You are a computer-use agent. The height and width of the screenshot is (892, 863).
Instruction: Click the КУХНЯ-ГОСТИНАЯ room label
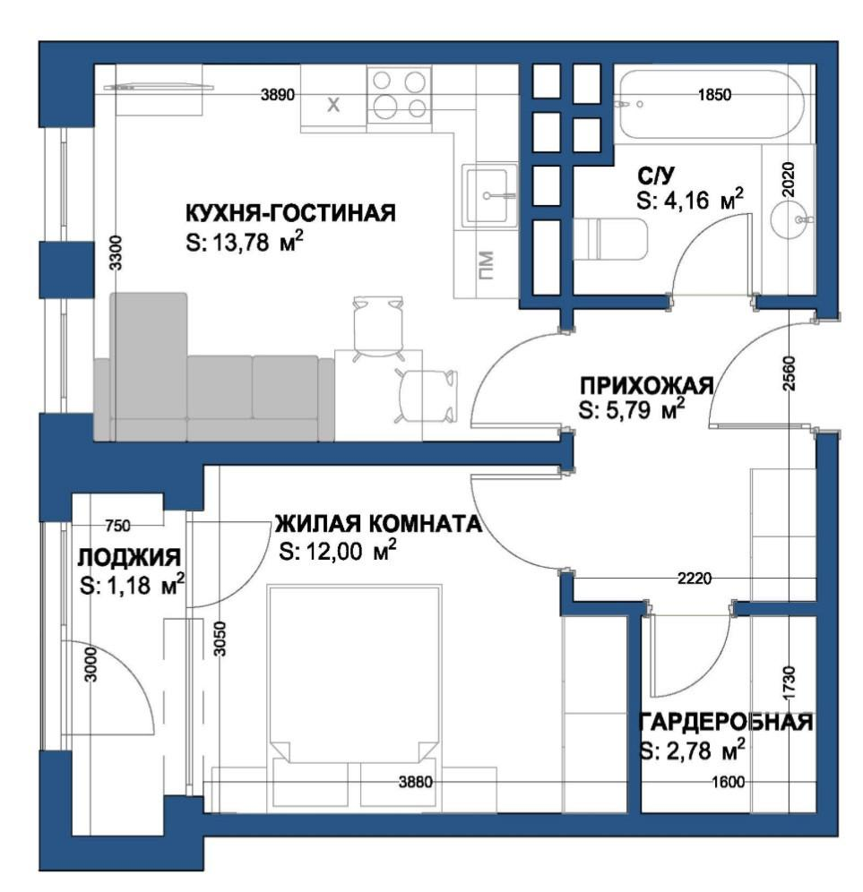pos(290,213)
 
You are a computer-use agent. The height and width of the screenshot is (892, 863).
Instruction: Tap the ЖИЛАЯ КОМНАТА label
pos(378,523)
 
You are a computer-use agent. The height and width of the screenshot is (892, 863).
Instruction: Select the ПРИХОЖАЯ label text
pos(647,385)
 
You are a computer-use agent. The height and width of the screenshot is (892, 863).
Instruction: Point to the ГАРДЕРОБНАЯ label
pos(727,722)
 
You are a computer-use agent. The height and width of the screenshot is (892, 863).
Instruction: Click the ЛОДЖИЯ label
pos(129,557)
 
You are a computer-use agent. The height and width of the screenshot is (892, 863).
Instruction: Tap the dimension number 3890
pos(278,94)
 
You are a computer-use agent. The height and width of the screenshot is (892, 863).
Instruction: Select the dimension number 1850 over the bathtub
pos(714,94)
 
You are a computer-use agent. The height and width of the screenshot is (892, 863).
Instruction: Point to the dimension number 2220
pos(695,579)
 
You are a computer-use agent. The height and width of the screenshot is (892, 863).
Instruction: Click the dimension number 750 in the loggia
pos(117,526)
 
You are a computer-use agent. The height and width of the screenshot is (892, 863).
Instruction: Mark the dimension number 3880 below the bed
pos(416,782)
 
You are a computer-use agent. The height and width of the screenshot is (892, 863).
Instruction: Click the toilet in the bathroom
pos(609,239)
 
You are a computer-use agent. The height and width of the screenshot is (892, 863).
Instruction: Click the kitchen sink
pos(489,196)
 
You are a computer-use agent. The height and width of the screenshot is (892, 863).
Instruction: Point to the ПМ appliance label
pos(486,266)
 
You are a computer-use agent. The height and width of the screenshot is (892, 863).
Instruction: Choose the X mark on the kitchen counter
pos(333,104)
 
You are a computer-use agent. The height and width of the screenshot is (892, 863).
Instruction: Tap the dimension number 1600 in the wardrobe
pos(729,782)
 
